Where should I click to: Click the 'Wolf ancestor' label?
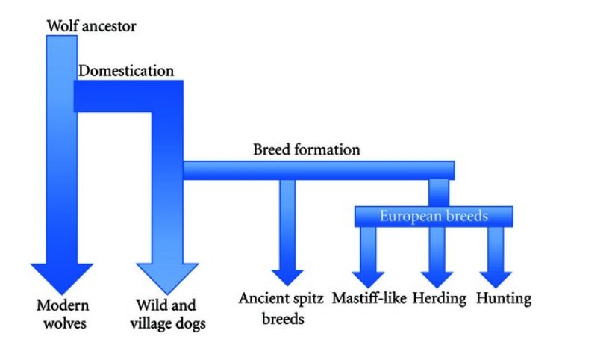[91, 26]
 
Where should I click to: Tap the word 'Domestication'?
[126, 71]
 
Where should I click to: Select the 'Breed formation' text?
[307, 149]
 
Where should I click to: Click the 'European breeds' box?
[434, 217]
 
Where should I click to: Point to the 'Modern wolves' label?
[63, 314]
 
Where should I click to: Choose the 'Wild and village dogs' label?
[167, 314]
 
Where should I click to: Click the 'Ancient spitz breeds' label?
[281, 308]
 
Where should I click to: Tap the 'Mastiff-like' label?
[369, 298]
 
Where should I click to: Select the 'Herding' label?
[440, 299]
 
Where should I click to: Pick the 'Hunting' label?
[504, 299]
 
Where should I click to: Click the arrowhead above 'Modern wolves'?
[62, 279]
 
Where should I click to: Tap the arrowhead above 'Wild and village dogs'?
[167, 279]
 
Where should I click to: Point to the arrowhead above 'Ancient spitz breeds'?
[287, 278]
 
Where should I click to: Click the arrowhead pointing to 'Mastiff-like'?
[368, 280]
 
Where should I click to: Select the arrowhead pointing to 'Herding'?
[437, 280]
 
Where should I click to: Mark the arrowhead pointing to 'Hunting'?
[496, 280]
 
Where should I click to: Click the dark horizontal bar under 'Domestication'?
[128, 96]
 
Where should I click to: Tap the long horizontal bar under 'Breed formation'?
[319, 170]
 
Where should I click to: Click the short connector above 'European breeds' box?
[439, 193]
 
